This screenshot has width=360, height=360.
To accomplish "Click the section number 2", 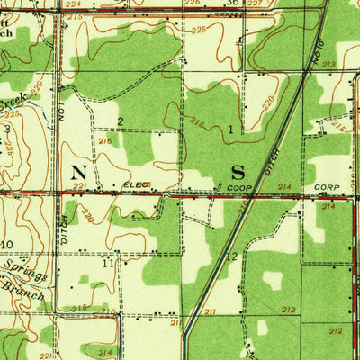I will pyautogui.click(x=120, y=121).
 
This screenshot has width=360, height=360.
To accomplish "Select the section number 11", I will pyautogui.click(x=107, y=264).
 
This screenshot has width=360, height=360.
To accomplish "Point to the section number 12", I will pyautogui.click(x=231, y=256).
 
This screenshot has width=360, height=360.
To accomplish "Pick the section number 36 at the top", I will pyautogui.click(x=232, y=3).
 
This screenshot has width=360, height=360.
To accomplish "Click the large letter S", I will pyautogui.click(x=238, y=170).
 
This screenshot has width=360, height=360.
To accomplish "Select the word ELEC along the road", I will pyautogui.click(x=136, y=185).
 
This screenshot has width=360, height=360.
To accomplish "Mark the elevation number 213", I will pyautogui.click(x=328, y=65).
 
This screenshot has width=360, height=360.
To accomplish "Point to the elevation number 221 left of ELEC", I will pyautogui.click(x=80, y=186).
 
